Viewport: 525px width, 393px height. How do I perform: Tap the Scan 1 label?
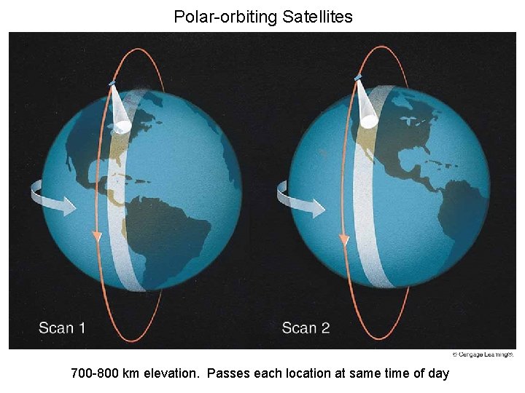click(x=62, y=327)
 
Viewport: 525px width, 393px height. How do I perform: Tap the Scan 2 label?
click(x=306, y=327)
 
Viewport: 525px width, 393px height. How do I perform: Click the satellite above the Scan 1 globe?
click(x=112, y=84)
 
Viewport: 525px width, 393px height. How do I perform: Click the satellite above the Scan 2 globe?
click(x=357, y=77)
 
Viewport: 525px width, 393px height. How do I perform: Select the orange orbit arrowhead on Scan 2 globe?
click(x=343, y=239)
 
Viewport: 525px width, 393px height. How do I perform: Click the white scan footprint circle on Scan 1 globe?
click(x=122, y=127)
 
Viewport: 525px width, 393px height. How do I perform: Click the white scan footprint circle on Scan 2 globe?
click(x=370, y=121)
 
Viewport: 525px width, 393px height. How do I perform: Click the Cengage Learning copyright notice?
click(x=483, y=354)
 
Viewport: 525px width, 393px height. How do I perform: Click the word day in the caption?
click(x=438, y=374)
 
